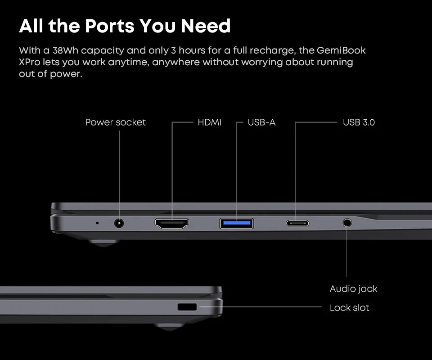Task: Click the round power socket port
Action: pyautogui.click(x=119, y=223)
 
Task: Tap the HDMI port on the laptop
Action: pyautogui.click(x=172, y=223)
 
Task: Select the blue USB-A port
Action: pyautogui.click(x=236, y=223)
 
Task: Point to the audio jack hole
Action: pyautogui.click(x=347, y=222)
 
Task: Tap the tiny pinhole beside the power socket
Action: pyautogui.click(x=97, y=222)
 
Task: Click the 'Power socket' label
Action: pyautogui.click(x=115, y=122)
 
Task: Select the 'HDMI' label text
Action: pyautogui.click(x=210, y=122)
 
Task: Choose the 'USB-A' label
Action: pyautogui.click(x=261, y=122)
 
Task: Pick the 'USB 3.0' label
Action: pyautogui.click(x=359, y=122)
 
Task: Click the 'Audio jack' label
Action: pyautogui.click(x=353, y=289)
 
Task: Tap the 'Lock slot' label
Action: pyautogui.click(x=349, y=308)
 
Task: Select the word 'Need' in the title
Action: pyautogui.click(x=206, y=26)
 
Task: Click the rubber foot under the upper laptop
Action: pyautogui.click(x=104, y=242)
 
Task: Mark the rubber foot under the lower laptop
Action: pyautogui.click(x=170, y=326)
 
